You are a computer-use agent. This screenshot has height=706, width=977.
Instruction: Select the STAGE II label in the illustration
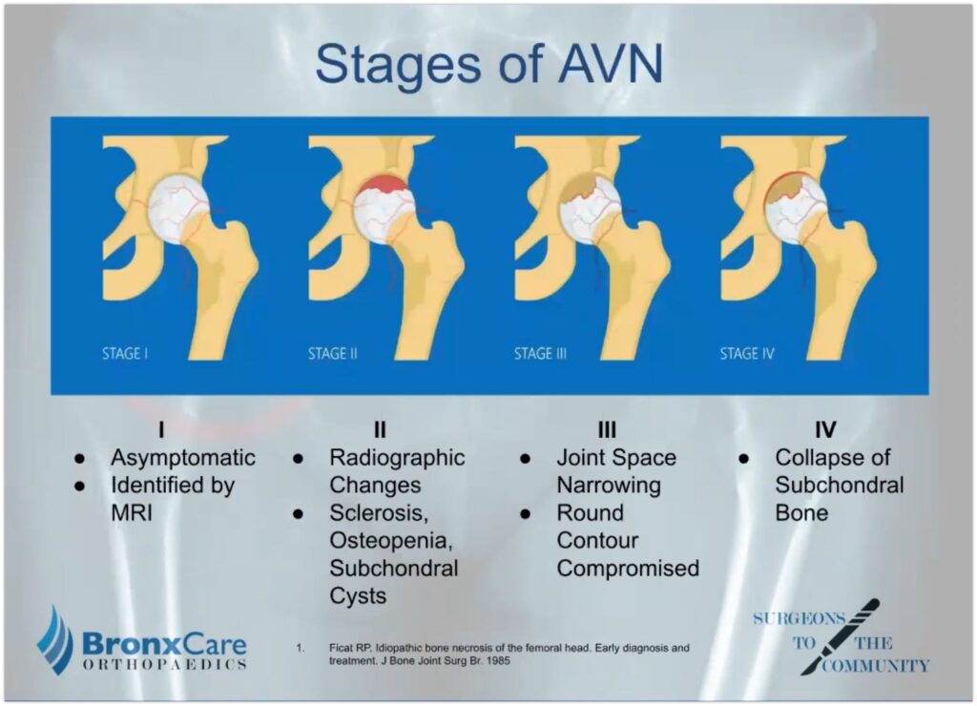333,354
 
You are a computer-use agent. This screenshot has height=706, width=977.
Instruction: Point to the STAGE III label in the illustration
541,354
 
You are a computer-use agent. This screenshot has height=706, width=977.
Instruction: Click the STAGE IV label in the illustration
747,354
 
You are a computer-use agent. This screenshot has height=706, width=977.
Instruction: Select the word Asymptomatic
183,458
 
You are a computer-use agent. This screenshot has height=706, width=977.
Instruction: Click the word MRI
133,513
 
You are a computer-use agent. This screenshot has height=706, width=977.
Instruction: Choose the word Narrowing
609,486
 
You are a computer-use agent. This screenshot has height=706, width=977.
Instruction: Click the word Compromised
628,569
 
